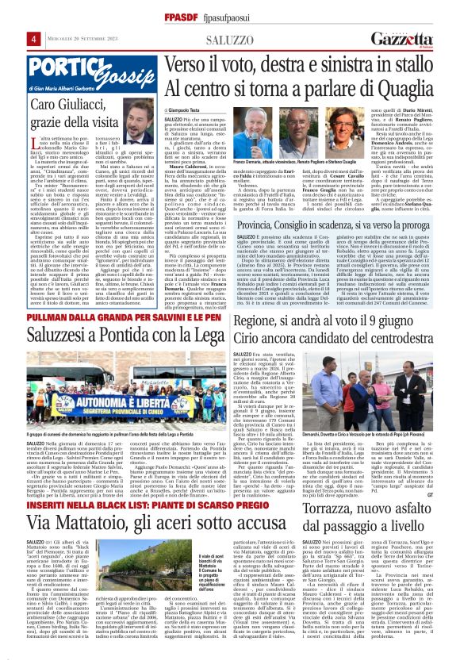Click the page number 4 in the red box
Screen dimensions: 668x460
[13, 38]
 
